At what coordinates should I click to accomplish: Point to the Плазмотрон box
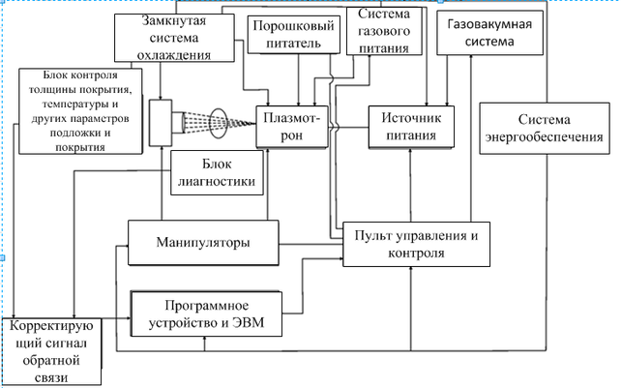pos(296,127)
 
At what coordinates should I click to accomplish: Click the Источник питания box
pos(412,127)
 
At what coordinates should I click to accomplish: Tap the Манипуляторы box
pos(203,242)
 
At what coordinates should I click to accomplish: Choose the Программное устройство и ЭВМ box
pos(208,314)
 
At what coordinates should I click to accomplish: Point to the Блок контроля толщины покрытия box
pos(82,111)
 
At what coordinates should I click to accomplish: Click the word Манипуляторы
pos(203,242)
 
